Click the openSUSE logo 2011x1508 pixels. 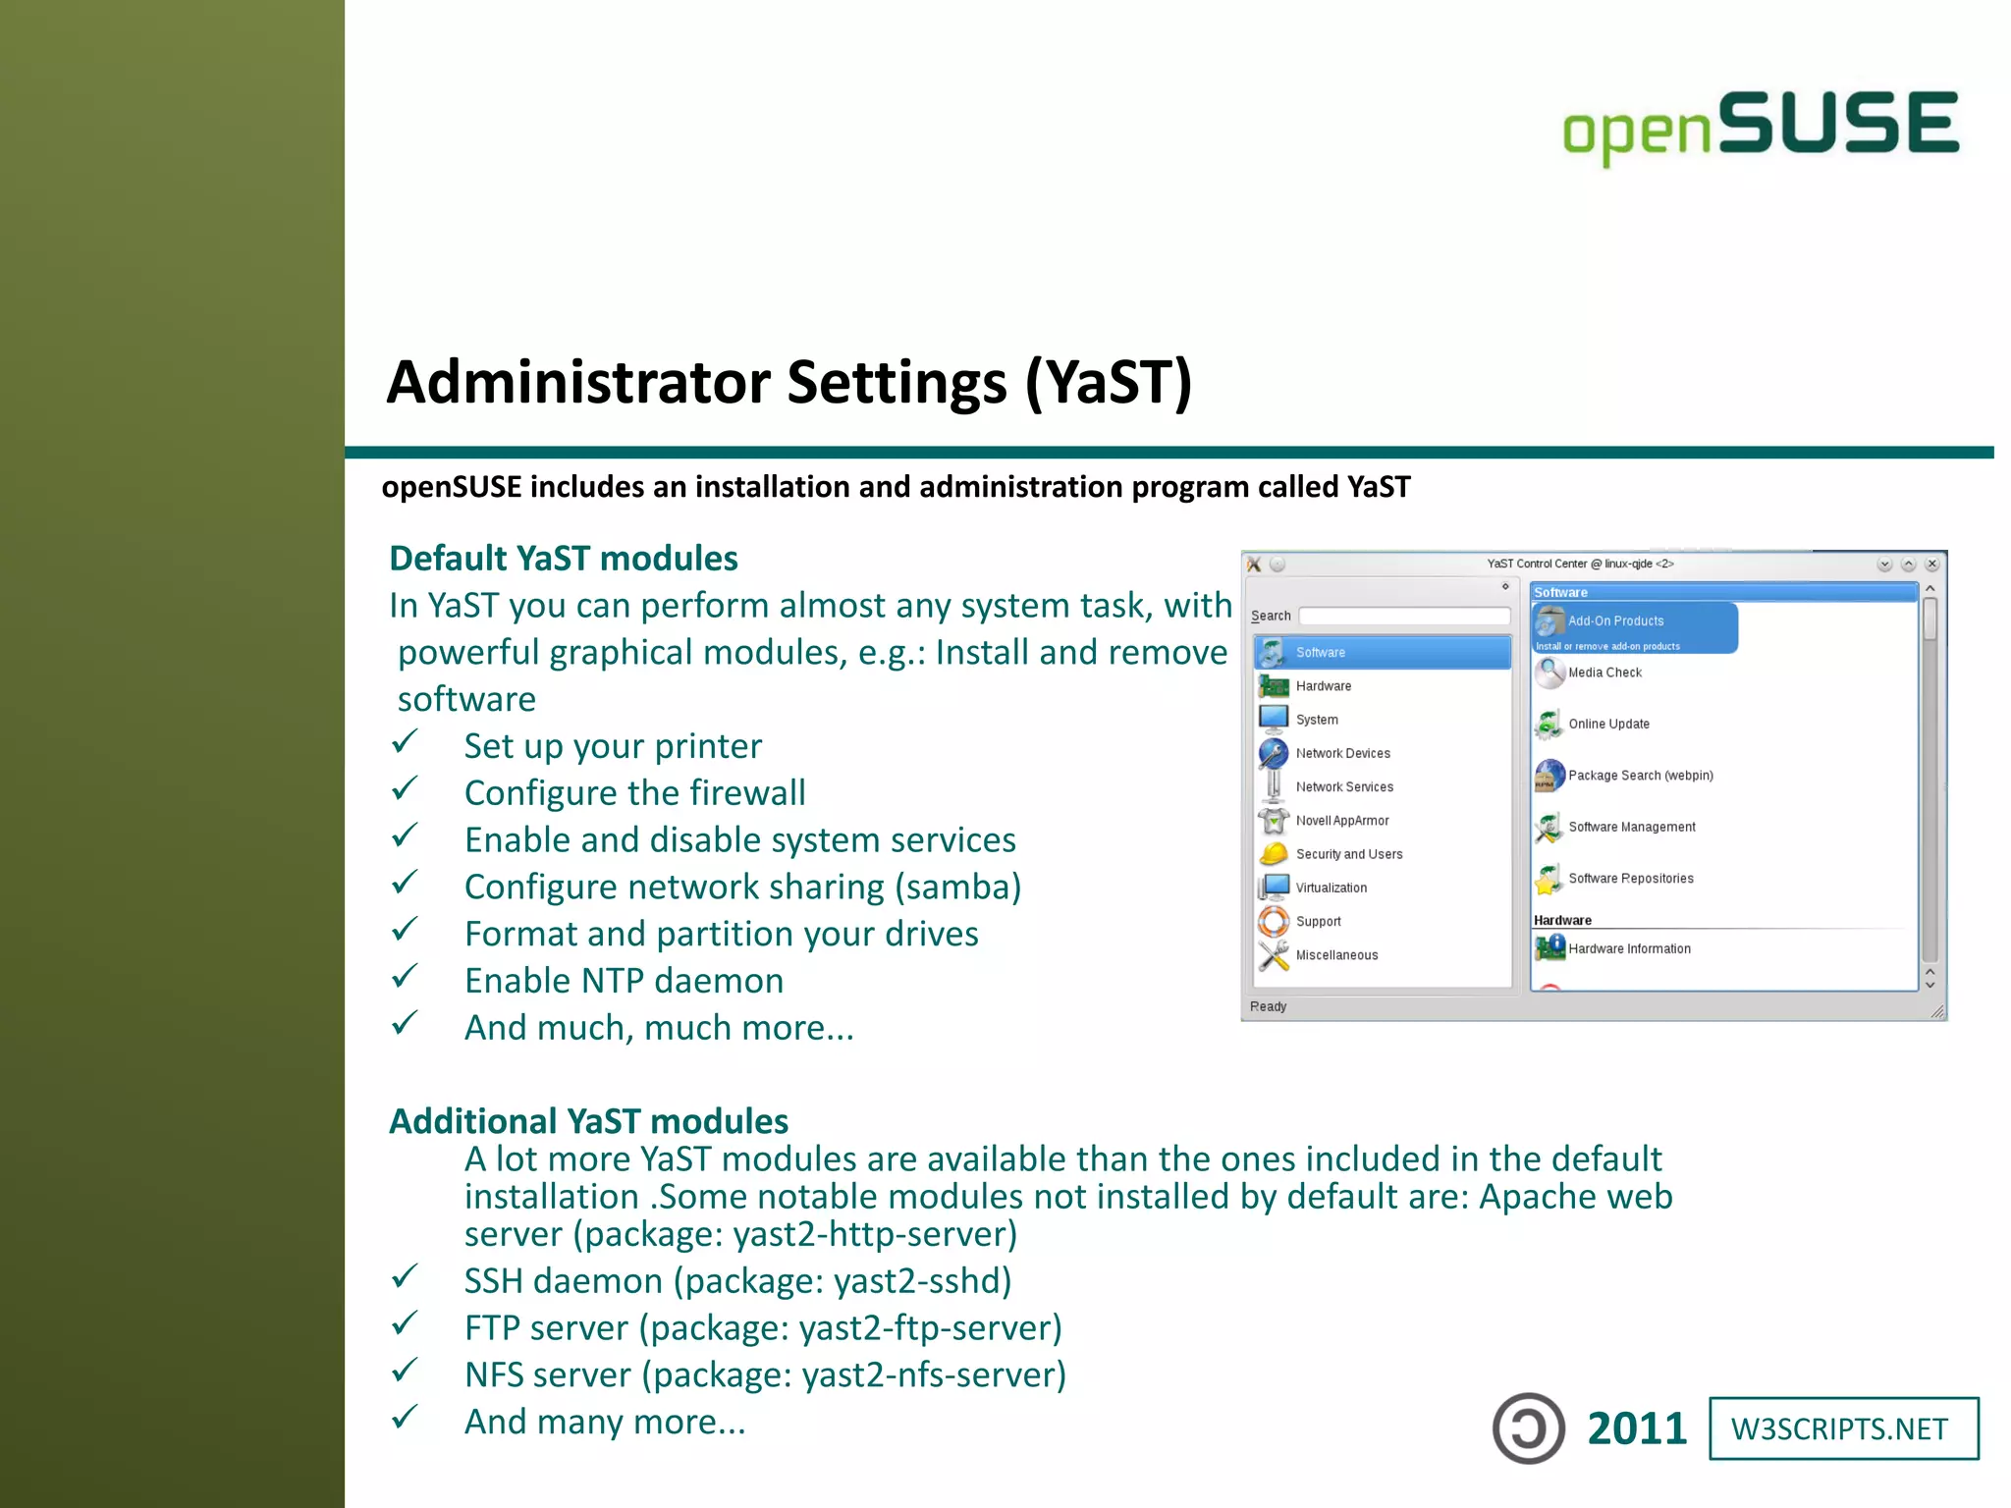1760,126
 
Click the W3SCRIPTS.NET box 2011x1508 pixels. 1843,1428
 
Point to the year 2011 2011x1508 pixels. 1637,1428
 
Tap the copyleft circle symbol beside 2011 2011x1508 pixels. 1528,1428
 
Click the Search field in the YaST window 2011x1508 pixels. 1404,616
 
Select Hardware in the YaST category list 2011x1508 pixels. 1323,686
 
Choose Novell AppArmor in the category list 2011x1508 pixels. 1341,821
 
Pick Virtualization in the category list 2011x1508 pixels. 1331,888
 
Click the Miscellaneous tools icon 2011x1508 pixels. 1274,954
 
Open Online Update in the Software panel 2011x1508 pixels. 1608,725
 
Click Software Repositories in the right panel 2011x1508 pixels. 1630,879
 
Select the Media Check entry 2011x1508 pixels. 1604,673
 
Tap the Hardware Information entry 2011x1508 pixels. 1629,949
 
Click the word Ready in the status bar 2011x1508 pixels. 1268,1006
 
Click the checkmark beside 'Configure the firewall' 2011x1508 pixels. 405,790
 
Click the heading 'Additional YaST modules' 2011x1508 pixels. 588,1121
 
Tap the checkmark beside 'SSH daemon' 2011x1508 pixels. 405,1277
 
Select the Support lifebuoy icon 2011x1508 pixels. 1274,921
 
